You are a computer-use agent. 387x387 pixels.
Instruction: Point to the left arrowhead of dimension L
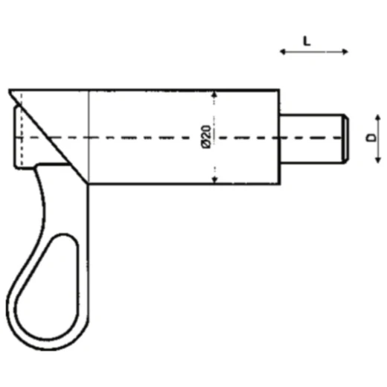click(282, 51)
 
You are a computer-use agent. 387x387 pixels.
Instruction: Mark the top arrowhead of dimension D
click(378, 117)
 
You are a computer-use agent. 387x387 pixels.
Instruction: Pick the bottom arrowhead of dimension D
click(378, 159)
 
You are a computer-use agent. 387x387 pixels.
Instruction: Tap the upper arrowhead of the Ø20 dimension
click(214, 95)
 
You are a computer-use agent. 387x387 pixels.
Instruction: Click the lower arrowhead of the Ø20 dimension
click(214, 180)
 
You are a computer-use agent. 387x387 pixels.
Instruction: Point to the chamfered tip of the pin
click(345, 138)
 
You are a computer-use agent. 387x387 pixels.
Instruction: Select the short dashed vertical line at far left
click(22, 138)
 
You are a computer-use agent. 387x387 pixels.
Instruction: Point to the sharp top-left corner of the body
click(10, 91)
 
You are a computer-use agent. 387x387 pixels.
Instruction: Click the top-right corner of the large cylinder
click(280, 91)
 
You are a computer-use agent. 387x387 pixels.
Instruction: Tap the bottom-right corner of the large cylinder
click(280, 185)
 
